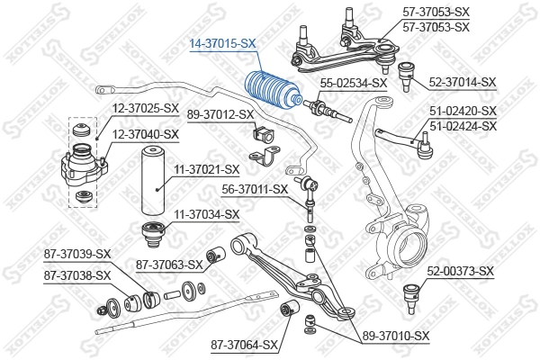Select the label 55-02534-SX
pyautogui.click(x=354, y=82)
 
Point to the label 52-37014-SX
pyautogui.click(x=463, y=82)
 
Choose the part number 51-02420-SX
pyautogui.click(x=463, y=112)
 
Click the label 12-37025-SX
pyautogui.click(x=146, y=108)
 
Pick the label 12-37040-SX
pyautogui.click(x=146, y=134)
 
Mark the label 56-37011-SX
pyautogui.click(x=255, y=189)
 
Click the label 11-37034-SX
pyautogui.click(x=206, y=214)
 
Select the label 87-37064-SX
pyautogui.click(x=244, y=344)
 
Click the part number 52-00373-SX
pyautogui.click(x=461, y=271)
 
